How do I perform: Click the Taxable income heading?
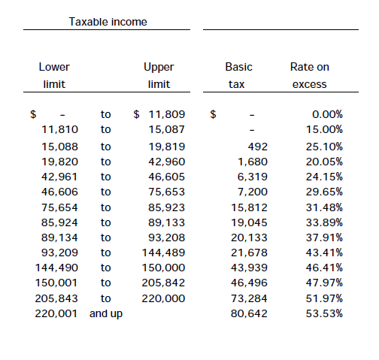tap(108, 22)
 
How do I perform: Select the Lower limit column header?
tap(54, 75)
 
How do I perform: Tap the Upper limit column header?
tap(159, 75)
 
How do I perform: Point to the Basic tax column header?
tap(238, 75)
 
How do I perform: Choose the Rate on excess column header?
tap(310, 75)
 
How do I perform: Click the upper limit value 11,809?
tap(167, 114)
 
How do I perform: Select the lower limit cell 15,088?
tap(59, 147)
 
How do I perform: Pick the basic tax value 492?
tap(258, 147)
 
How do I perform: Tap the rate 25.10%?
tap(324, 147)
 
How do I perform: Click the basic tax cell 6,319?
tap(253, 177)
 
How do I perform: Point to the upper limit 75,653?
tap(167, 192)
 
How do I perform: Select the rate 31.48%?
tap(324, 207)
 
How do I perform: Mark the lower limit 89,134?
tap(59, 237)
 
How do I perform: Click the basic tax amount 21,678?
tap(249, 253)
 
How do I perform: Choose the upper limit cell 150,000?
tap(163, 268)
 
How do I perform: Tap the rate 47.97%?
tap(324, 283)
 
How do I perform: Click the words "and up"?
tap(106, 314)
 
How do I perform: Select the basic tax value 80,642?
tap(249, 313)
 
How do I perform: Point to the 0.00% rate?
tap(327, 114)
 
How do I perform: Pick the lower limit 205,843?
tap(56, 298)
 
